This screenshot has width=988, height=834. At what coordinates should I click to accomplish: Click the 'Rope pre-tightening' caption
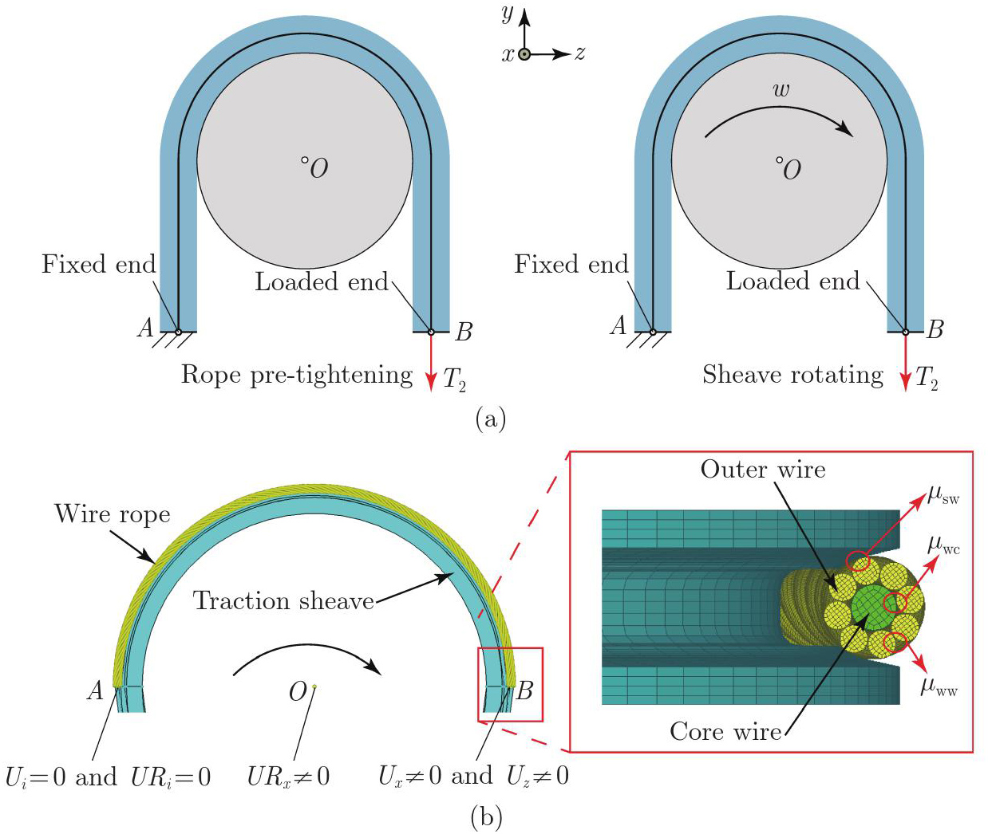click(297, 375)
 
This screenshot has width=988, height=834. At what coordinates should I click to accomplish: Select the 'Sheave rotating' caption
click(792, 375)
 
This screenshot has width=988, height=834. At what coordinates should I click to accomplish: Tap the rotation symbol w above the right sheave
click(781, 89)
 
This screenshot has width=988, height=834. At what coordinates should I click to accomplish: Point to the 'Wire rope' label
click(113, 514)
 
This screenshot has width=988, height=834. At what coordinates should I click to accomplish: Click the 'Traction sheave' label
click(284, 600)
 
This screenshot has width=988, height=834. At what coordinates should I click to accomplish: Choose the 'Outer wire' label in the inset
click(763, 470)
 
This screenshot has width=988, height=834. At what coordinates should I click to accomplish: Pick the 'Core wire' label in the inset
click(725, 731)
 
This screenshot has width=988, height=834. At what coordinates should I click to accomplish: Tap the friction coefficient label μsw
click(943, 496)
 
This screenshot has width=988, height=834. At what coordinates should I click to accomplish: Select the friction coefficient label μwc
click(943, 546)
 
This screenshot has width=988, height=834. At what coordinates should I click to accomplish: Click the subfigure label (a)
click(490, 419)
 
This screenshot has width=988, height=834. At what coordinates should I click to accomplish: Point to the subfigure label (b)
click(486, 816)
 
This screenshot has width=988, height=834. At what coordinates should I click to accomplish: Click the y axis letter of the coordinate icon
click(507, 14)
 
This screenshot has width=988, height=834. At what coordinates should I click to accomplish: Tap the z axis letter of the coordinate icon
click(580, 53)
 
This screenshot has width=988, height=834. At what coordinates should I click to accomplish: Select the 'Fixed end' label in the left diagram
click(98, 264)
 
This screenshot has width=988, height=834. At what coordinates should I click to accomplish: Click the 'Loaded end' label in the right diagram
click(792, 281)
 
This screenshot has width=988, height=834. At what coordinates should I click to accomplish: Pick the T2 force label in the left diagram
click(454, 379)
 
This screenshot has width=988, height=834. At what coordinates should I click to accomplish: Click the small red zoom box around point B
click(511, 684)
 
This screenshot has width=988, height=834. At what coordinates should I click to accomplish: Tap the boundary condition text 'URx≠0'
click(288, 777)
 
